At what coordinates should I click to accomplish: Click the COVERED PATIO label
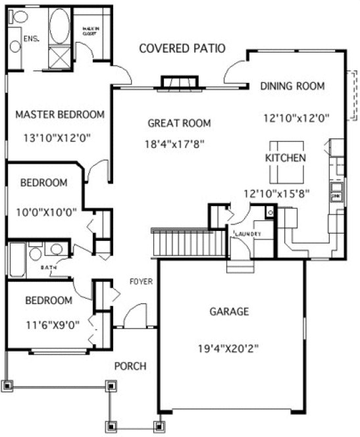click(x=182, y=48)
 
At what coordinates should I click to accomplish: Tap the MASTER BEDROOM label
click(x=60, y=115)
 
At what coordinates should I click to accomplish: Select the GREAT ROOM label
click(x=178, y=123)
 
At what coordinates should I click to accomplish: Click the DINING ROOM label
click(x=293, y=86)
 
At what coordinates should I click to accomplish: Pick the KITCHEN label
click(x=285, y=158)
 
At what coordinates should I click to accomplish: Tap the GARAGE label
click(x=229, y=311)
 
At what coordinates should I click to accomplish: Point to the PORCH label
click(x=130, y=366)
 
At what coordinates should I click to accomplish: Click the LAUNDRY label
click(x=247, y=234)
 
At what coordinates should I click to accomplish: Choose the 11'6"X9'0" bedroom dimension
click(x=48, y=324)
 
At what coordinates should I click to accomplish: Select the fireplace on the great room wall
click(x=179, y=82)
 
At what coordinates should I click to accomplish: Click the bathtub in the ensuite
click(x=59, y=26)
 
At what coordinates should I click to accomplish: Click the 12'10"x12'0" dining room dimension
click(x=296, y=118)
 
